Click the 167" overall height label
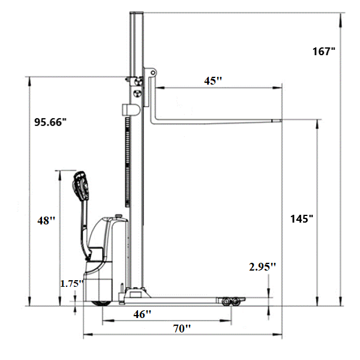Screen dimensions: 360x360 [324, 51]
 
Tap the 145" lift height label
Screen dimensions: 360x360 [302, 218]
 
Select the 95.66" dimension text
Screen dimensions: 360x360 [50, 122]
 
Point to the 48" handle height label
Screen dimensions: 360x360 [46, 220]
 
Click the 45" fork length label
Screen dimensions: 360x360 [213, 80]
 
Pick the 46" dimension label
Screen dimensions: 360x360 [142, 314]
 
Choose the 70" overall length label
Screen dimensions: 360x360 [182, 328]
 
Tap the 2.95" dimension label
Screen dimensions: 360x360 [262, 266]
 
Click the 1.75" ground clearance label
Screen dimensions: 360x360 [71, 284]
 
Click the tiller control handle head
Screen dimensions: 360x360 [81, 185]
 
